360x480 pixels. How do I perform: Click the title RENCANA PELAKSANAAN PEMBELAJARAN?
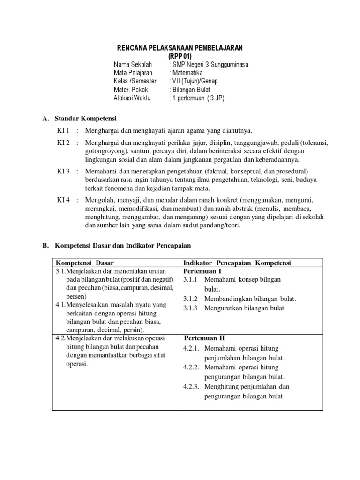[180, 49]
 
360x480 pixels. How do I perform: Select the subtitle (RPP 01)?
[180, 56]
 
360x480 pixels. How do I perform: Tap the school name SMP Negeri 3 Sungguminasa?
[210, 64]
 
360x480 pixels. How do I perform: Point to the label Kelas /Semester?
[135, 81]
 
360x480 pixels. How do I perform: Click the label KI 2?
[63, 142]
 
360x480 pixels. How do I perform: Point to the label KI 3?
[63, 171]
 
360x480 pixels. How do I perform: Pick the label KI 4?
[63, 200]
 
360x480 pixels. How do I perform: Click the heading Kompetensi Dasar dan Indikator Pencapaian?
[123, 245]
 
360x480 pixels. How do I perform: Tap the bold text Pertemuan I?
[202, 271]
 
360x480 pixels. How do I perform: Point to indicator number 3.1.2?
[191, 299]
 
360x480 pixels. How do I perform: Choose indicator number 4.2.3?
[192, 387]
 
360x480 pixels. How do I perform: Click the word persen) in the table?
[76, 296]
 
